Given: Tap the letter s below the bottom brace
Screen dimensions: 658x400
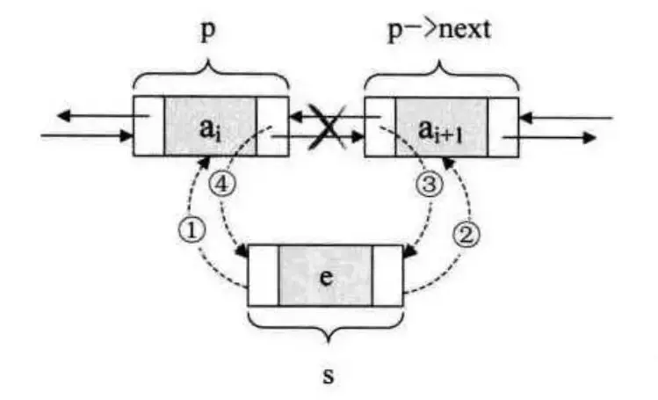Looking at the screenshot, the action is pyautogui.click(x=327, y=375).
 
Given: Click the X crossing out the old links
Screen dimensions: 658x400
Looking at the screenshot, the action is pyautogui.click(x=327, y=127).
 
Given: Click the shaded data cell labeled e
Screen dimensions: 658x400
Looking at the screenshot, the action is pyautogui.click(x=326, y=274).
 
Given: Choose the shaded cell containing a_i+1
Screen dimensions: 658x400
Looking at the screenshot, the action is pyautogui.click(x=441, y=126).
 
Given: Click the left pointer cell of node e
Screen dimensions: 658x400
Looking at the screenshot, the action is pyautogui.click(x=264, y=274).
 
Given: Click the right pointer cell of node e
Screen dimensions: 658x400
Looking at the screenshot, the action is pyautogui.click(x=387, y=274).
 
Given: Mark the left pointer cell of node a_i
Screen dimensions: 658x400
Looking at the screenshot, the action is pyautogui.click(x=148, y=126).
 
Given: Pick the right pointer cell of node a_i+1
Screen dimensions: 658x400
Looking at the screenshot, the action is pyautogui.click(x=503, y=126).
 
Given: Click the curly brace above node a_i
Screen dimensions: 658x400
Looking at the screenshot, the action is pyautogui.click(x=211, y=76).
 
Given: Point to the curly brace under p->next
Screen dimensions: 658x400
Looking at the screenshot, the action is pyautogui.click(x=441, y=76).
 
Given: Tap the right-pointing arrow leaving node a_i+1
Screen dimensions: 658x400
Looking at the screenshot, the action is pyautogui.click(x=562, y=137).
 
